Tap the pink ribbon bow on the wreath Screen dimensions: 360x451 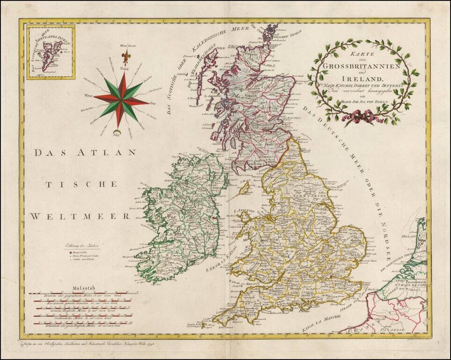358,117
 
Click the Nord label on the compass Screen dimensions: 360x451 124,68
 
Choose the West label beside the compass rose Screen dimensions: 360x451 88,96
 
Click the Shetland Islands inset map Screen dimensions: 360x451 51,52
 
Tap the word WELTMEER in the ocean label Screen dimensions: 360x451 80,216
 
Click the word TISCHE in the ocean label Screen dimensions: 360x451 81,184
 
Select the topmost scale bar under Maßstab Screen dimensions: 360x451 83,294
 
